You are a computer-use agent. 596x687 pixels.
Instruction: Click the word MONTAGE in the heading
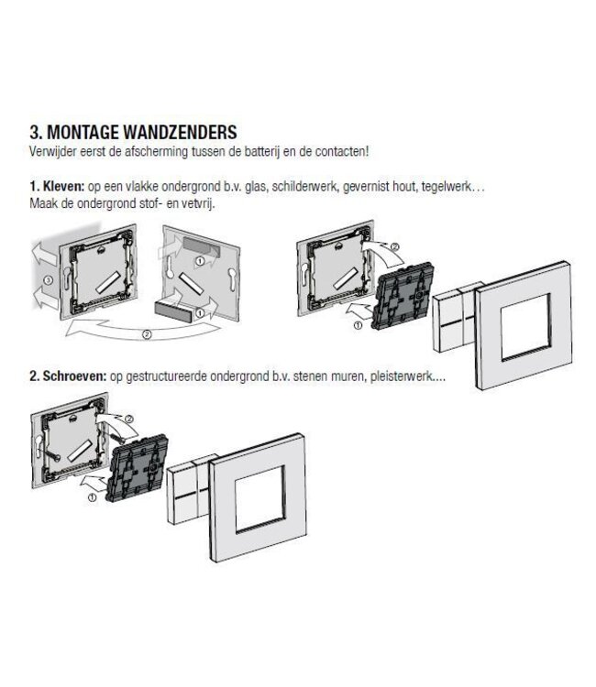click(x=82, y=132)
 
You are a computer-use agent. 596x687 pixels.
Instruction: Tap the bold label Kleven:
click(x=62, y=186)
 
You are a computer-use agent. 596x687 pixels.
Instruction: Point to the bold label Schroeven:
click(x=74, y=376)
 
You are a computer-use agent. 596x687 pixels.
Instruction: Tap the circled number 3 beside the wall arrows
click(x=49, y=279)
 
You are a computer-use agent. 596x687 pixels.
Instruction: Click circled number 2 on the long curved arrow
click(x=147, y=334)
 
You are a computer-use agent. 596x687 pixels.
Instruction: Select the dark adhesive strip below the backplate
click(x=173, y=310)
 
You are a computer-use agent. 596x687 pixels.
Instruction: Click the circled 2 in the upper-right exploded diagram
click(x=395, y=247)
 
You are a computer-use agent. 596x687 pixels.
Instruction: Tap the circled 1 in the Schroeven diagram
click(x=92, y=497)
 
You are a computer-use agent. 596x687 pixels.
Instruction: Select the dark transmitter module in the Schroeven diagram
click(x=137, y=468)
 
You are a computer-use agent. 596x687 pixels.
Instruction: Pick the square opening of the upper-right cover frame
click(x=525, y=328)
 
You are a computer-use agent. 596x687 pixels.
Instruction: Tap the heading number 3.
click(x=35, y=132)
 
